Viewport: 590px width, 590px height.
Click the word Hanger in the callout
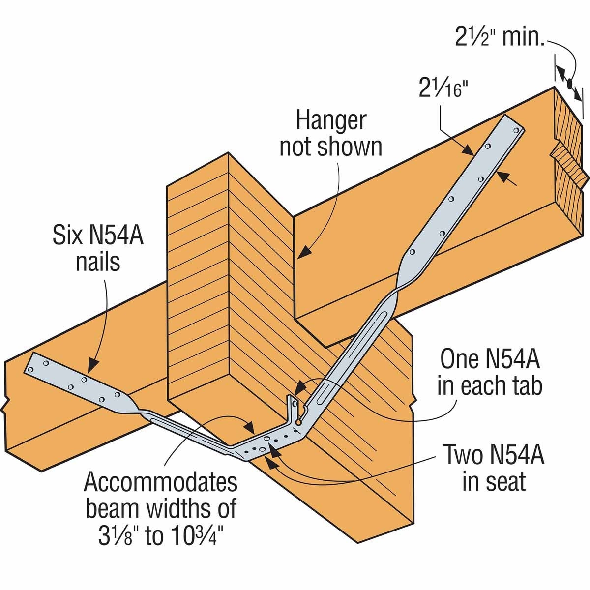click(x=330, y=120)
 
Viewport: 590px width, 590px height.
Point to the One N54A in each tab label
click(x=489, y=373)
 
